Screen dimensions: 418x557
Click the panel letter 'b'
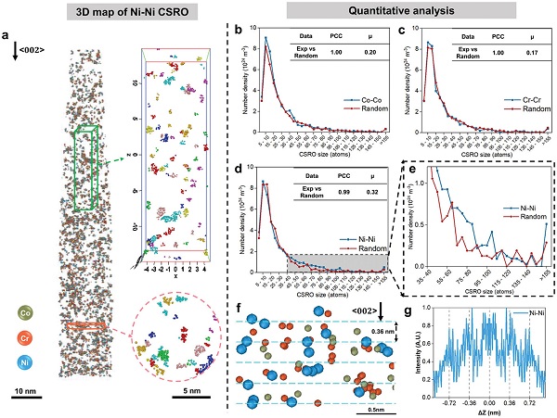click(240, 32)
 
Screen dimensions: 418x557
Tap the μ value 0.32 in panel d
click(373, 190)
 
